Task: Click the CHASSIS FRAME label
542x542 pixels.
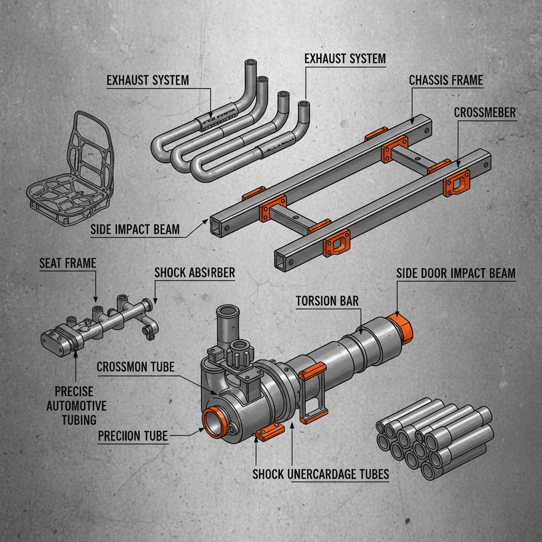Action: click(x=446, y=80)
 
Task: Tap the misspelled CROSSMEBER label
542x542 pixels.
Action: click(x=485, y=113)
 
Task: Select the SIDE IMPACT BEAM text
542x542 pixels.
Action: click(x=134, y=229)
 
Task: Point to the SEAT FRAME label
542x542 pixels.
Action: click(x=68, y=263)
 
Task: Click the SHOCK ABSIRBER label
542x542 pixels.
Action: click(x=194, y=273)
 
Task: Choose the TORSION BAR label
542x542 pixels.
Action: click(x=327, y=301)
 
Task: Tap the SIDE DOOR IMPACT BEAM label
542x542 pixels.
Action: click(x=455, y=273)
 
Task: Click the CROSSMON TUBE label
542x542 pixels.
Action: click(x=135, y=366)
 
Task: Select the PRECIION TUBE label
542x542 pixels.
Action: click(x=133, y=436)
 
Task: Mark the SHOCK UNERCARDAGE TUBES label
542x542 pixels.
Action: click(x=320, y=474)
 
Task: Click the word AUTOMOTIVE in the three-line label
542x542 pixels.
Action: click(x=76, y=406)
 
